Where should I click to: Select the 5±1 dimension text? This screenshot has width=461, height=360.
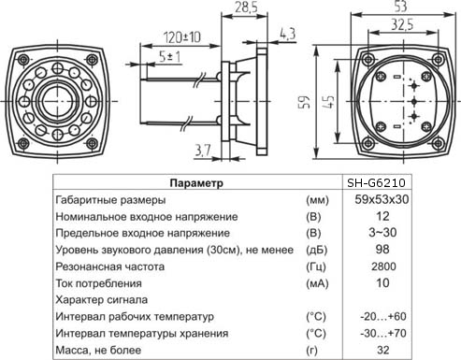click(x=168, y=57)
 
